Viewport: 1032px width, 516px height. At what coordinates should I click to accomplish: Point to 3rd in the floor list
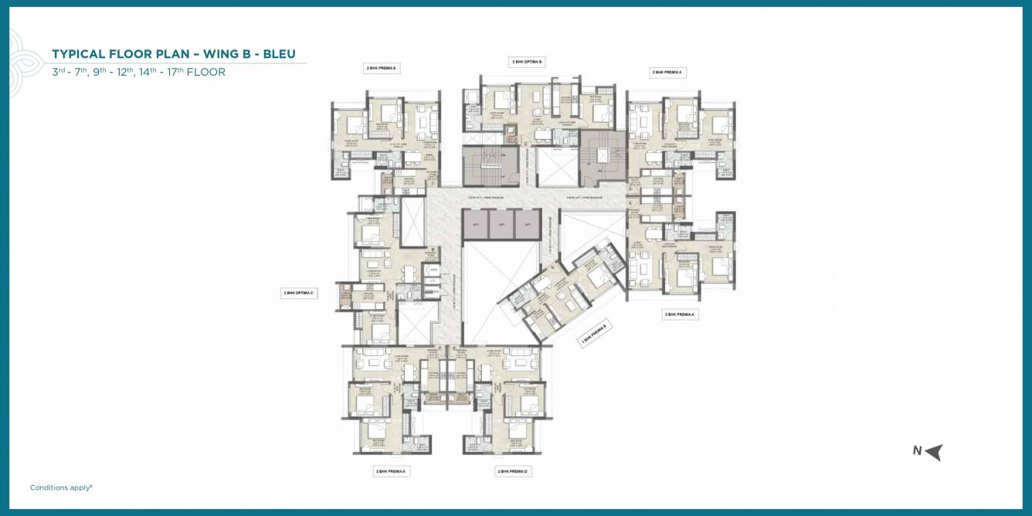[x=59, y=72]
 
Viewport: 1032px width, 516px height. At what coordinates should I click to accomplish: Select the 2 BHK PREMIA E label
[x=381, y=69]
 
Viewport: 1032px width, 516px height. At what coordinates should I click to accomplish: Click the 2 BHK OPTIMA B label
[x=527, y=60]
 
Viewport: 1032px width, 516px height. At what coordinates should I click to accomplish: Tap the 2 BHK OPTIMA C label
[x=299, y=294]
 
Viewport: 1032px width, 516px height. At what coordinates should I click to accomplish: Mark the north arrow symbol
[x=934, y=452]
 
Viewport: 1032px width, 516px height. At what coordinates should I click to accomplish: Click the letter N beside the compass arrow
[x=917, y=451]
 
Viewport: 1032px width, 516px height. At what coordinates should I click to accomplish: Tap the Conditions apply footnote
[x=61, y=487]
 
